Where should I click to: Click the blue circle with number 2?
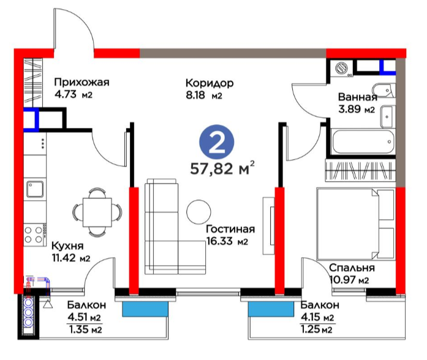click(216, 142)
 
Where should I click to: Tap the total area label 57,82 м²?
click(222, 168)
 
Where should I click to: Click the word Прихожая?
click(81, 82)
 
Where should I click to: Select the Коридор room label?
click(210, 83)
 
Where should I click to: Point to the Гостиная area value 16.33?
click(219, 241)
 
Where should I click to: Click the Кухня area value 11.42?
click(64, 257)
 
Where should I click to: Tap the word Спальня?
click(352, 268)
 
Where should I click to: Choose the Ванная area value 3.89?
click(349, 109)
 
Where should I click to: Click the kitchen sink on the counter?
click(34, 189)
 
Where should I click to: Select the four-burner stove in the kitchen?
click(34, 235)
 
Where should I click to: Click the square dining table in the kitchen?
click(97, 212)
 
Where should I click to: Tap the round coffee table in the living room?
click(198, 212)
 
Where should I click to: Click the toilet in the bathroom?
click(384, 91)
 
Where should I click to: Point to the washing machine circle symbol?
click(341, 67)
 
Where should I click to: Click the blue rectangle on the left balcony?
click(145, 309)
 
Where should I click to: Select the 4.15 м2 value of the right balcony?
click(317, 317)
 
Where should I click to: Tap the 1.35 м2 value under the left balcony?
click(86, 330)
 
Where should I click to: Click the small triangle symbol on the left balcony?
click(48, 304)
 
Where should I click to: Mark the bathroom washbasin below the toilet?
click(387, 116)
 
